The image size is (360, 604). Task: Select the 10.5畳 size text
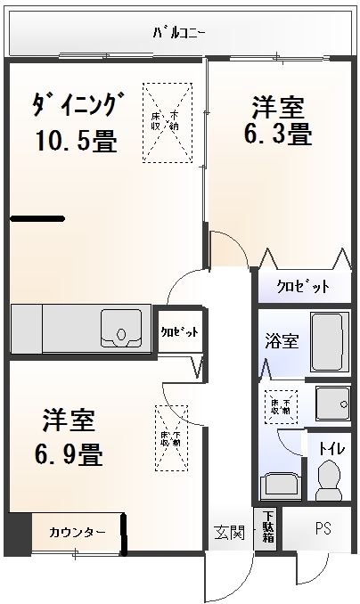click(77, 141)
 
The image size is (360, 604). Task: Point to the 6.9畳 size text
click(69, 454)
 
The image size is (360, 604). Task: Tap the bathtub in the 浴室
click(331, 342)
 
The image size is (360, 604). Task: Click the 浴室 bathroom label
click(282, 340)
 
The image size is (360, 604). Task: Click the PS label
click(322, 528)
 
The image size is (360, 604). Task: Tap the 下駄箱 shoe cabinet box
click(266, 531)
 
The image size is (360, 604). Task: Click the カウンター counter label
click(78, 533)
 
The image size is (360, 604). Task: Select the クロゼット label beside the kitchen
click(179, 331)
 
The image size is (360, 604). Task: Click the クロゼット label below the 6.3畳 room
click(303, 287)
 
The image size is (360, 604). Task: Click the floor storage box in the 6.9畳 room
click(171, 437)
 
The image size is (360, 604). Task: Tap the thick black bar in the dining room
click(37, 218)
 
